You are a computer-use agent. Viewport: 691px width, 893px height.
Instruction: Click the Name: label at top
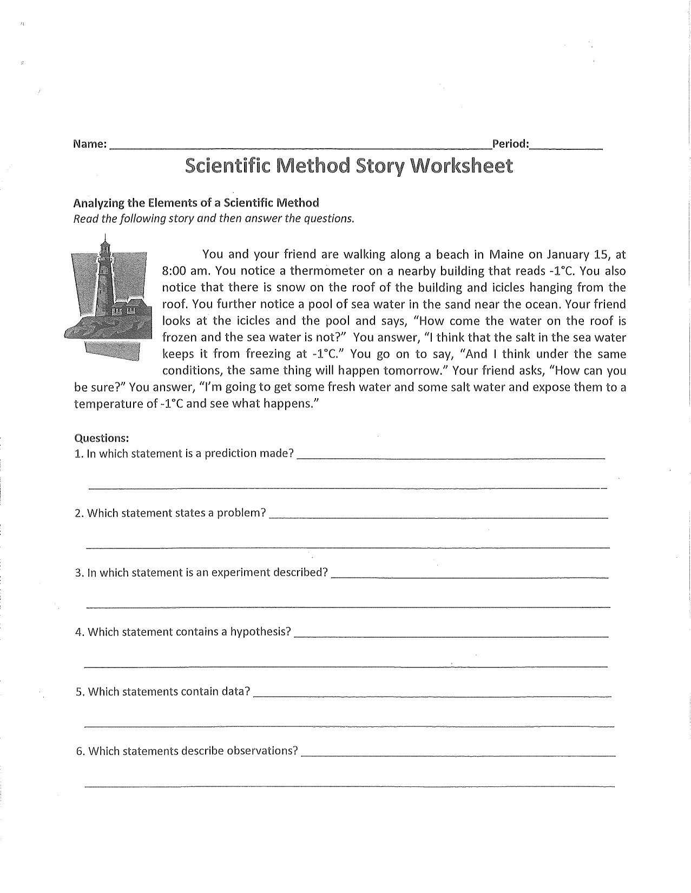[89, 144]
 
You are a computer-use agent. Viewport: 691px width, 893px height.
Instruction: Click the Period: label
[510, 144]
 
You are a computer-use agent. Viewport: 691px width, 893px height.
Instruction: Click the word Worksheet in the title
[462, 166]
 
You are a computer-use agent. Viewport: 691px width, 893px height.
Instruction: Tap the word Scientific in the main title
[227, 166]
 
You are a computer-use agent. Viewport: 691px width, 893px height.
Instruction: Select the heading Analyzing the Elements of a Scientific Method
[196, 203]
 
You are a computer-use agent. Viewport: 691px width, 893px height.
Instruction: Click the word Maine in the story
[506, 254]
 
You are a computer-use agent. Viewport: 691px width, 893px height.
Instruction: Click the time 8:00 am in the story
[182, 271]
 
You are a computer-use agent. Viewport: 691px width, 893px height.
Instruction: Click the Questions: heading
[101, 438]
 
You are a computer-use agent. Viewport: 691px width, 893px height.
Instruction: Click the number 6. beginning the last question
[80, 751]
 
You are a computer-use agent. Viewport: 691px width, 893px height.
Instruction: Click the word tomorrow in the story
[413, 371]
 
